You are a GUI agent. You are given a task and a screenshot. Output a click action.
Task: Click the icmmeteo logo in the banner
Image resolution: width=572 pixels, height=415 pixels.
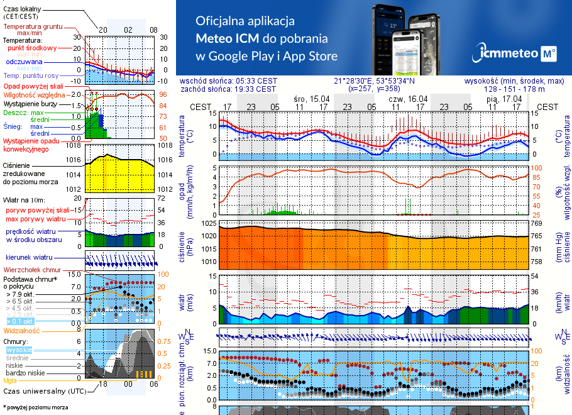pyautogui.click(x=517, y=53)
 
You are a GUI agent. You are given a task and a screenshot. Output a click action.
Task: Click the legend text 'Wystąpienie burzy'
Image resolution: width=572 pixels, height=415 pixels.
pyautogui.click(x=32, y=102)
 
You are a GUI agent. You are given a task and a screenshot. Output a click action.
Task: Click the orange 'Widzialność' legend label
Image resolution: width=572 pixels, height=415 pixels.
pyautogui.click(x=22, y=330)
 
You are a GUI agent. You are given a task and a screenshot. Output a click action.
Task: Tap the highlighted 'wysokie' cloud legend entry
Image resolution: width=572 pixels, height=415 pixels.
pyautogui.click(x=18, y=350)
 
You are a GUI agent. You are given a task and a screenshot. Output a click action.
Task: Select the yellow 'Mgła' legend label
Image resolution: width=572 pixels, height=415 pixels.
pyautogui.click(x=10, y=380)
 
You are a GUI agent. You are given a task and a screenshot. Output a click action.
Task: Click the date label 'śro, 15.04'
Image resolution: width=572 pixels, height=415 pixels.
pyautogui.click(x=311, y=99)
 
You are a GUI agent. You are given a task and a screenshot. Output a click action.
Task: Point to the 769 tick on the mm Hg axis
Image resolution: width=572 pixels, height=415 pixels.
pyautogui.click(x=536, y=223)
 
